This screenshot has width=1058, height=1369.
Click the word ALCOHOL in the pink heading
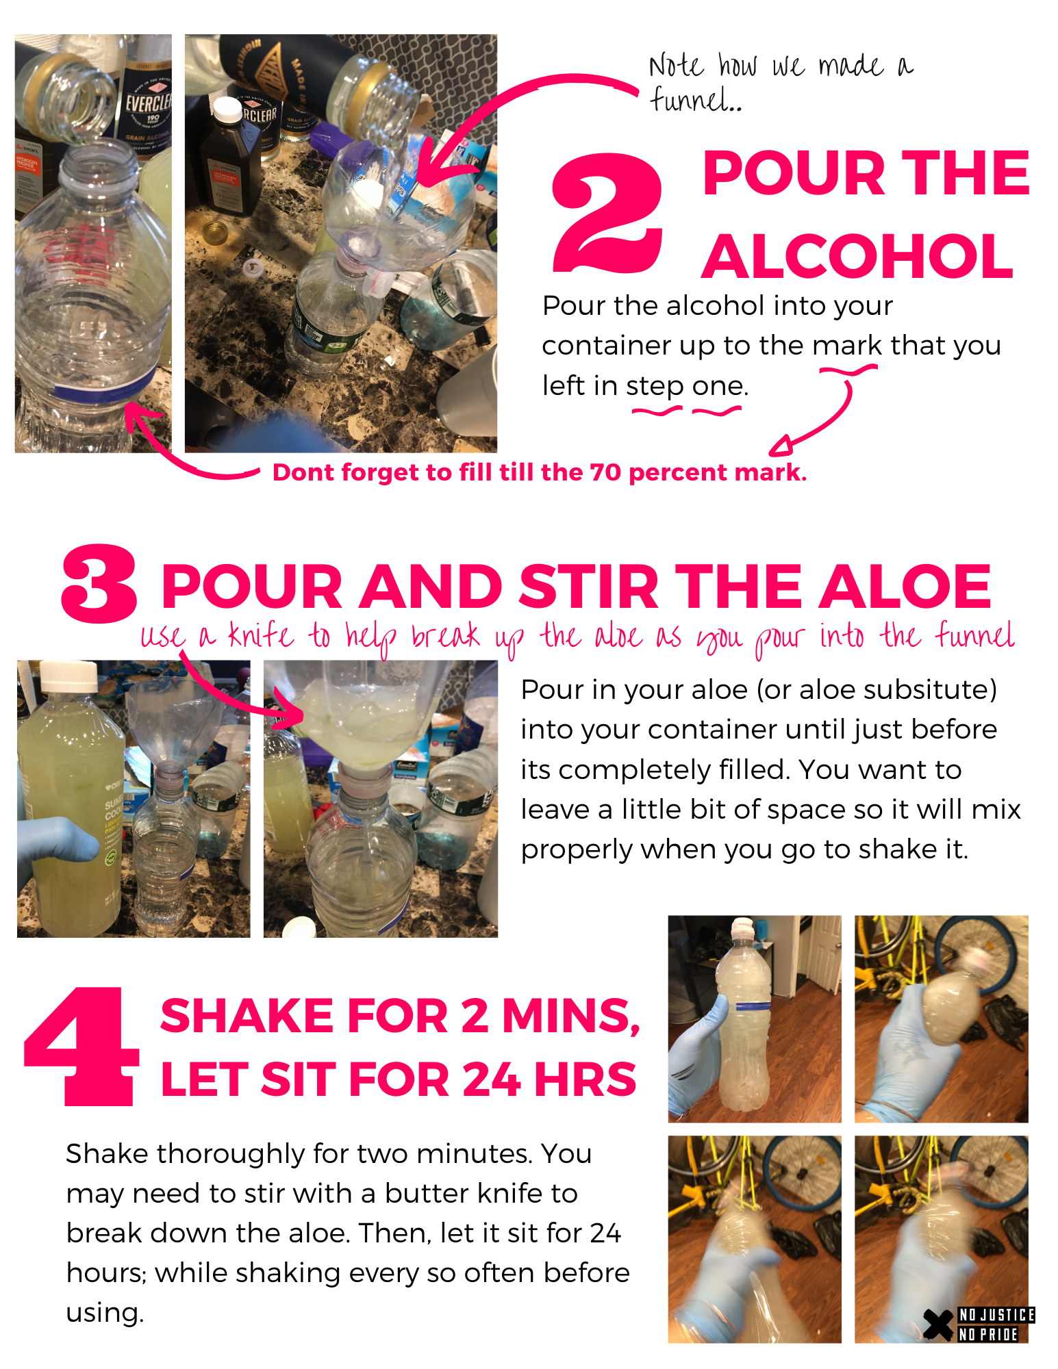tap(857, 256)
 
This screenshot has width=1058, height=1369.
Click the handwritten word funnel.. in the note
tap(695, 100)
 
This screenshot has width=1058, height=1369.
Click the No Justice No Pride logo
tap(979, 1325)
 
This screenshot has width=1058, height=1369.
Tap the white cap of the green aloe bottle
tap(68, 676)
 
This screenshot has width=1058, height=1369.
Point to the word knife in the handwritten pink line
tap(261, 635)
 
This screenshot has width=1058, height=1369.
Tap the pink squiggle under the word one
tap(717, 411)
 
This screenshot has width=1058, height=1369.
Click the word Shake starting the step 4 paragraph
tap(108, 1154)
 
